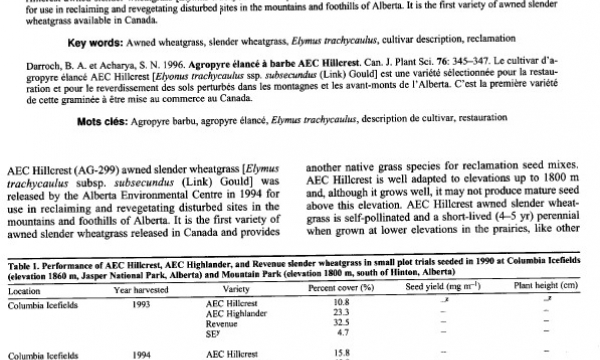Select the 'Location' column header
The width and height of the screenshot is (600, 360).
click(x=25, y=291)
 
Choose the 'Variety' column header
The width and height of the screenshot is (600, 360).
click(x=222, y=291)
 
